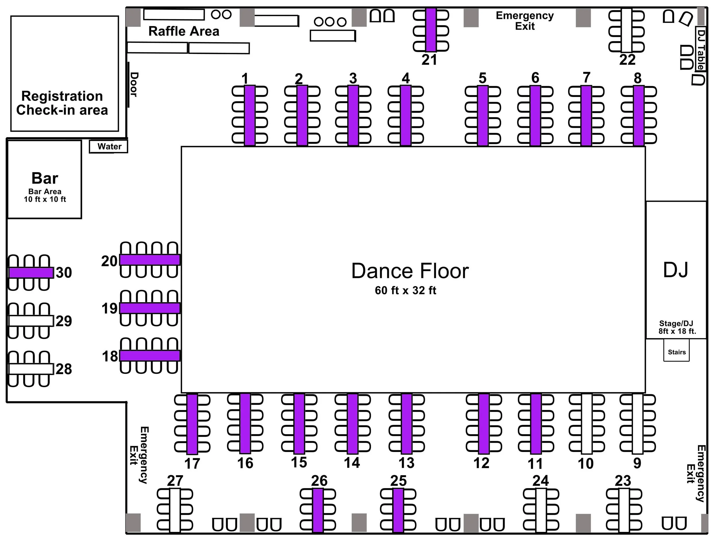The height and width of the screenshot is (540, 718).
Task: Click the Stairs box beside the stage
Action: pyautogui.click(x=676, y=352)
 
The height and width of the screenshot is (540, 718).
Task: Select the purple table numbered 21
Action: pyautogui.click(x=431, y=30)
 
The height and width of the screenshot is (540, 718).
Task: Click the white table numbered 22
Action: pyautogui.click(x=626, y=30)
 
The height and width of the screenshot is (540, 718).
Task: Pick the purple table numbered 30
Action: pyautogui.click(x=31, y=273)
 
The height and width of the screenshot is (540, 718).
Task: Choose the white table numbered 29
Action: pyautogui.click(x=31, y=321)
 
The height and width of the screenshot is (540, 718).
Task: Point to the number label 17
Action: pyautogui.click(x=192, y=464)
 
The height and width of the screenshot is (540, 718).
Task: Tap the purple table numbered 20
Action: pyautogui.click(x=150, y=260)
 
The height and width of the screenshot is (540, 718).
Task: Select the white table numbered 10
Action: pyautogui.click(x=586, y=424)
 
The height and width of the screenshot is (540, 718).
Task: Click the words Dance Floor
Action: pyautogui.click(x=410, y=271)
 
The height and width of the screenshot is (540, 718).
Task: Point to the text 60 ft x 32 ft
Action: pyautogui.click(x=406, y=291)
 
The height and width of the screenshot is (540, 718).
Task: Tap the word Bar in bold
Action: pyautogui.click(x=45, y=178)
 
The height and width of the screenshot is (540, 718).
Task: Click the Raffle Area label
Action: pyautogui.click(x=184, y=32)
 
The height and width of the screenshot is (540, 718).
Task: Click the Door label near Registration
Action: pyautogui.click(x=134, y=84)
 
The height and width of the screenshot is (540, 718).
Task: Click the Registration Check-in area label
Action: pyautogui.click(x=62, y=103)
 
